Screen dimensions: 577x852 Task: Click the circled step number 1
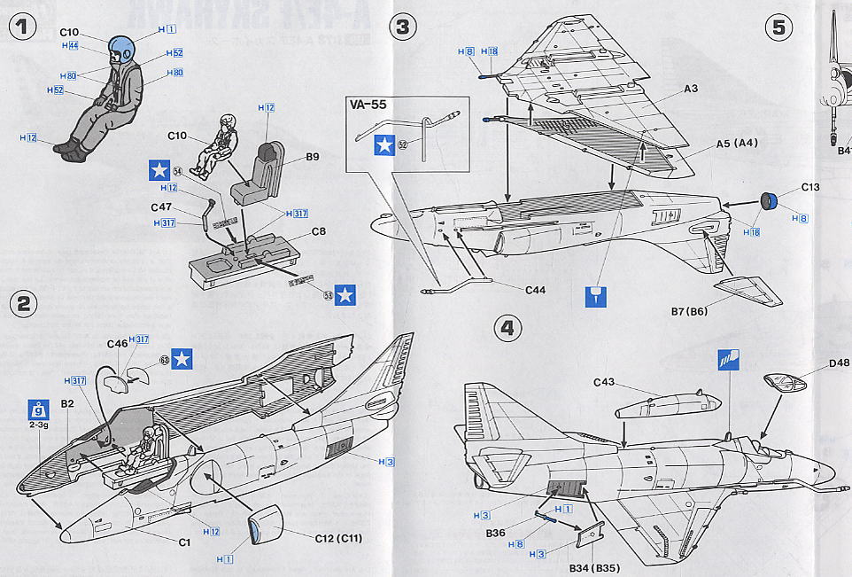tap(24, 27)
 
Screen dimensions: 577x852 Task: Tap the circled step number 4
tap(507, 329)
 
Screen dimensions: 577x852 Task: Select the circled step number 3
tap(403, 27)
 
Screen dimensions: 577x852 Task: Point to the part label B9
tap(313, 158)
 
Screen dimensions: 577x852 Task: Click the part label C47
tap(160, 207)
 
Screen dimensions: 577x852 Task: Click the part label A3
tap(692, 89)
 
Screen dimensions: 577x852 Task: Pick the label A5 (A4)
tap(733, 143)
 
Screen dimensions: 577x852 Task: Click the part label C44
tap(538, 288)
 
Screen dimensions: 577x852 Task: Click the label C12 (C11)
tap(340, 538)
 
